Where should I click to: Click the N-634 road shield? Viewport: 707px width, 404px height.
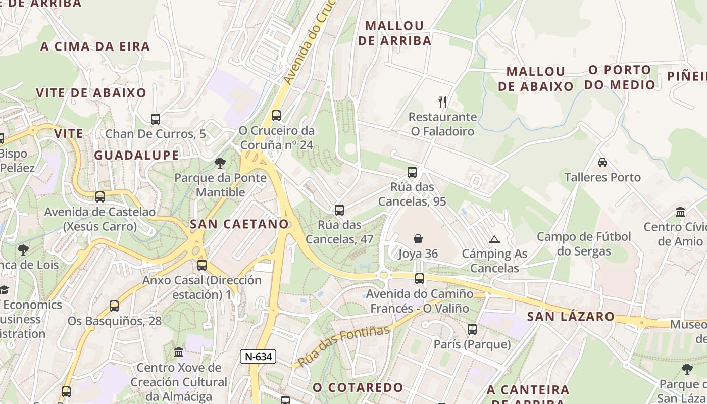click(x=258, y=357)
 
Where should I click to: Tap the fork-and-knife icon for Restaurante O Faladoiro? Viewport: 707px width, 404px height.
click(x=442, y=102)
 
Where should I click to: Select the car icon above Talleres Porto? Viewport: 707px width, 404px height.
click(x=602, y=163)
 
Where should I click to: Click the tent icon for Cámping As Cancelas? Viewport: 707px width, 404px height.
click(x=494, y=239)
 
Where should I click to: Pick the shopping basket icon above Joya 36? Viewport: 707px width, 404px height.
click(x=418, y=238)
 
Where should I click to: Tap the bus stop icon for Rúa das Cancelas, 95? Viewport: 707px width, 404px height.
click(x=412, y=172)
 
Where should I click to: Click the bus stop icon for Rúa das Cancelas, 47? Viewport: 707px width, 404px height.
click(x=339, y=210)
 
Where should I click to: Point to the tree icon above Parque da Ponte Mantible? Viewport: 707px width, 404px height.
click(x=220, y=163)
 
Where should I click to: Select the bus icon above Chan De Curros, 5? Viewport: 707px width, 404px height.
click(x=156, y=119)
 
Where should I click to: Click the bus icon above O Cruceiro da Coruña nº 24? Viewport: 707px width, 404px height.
click(x=276, y=116)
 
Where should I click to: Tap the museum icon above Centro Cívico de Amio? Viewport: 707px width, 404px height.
click(x=680, y=212)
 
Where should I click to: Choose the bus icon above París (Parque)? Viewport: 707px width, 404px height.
click(x=472, y=329)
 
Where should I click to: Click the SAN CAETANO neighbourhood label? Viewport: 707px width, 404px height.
click(x=239, y=224)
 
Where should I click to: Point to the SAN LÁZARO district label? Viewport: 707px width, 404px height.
click(x=571, y=317)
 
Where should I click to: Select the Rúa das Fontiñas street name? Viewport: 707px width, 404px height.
click(x=343, y=346)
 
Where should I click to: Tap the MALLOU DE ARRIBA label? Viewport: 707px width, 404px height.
click(x=394, y=33)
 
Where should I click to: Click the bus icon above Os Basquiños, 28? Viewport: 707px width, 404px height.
click(x=114, y=306)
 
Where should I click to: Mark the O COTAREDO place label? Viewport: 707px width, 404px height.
click(x=358, y=388)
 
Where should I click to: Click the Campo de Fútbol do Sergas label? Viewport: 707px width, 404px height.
click(x=584, y=244)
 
